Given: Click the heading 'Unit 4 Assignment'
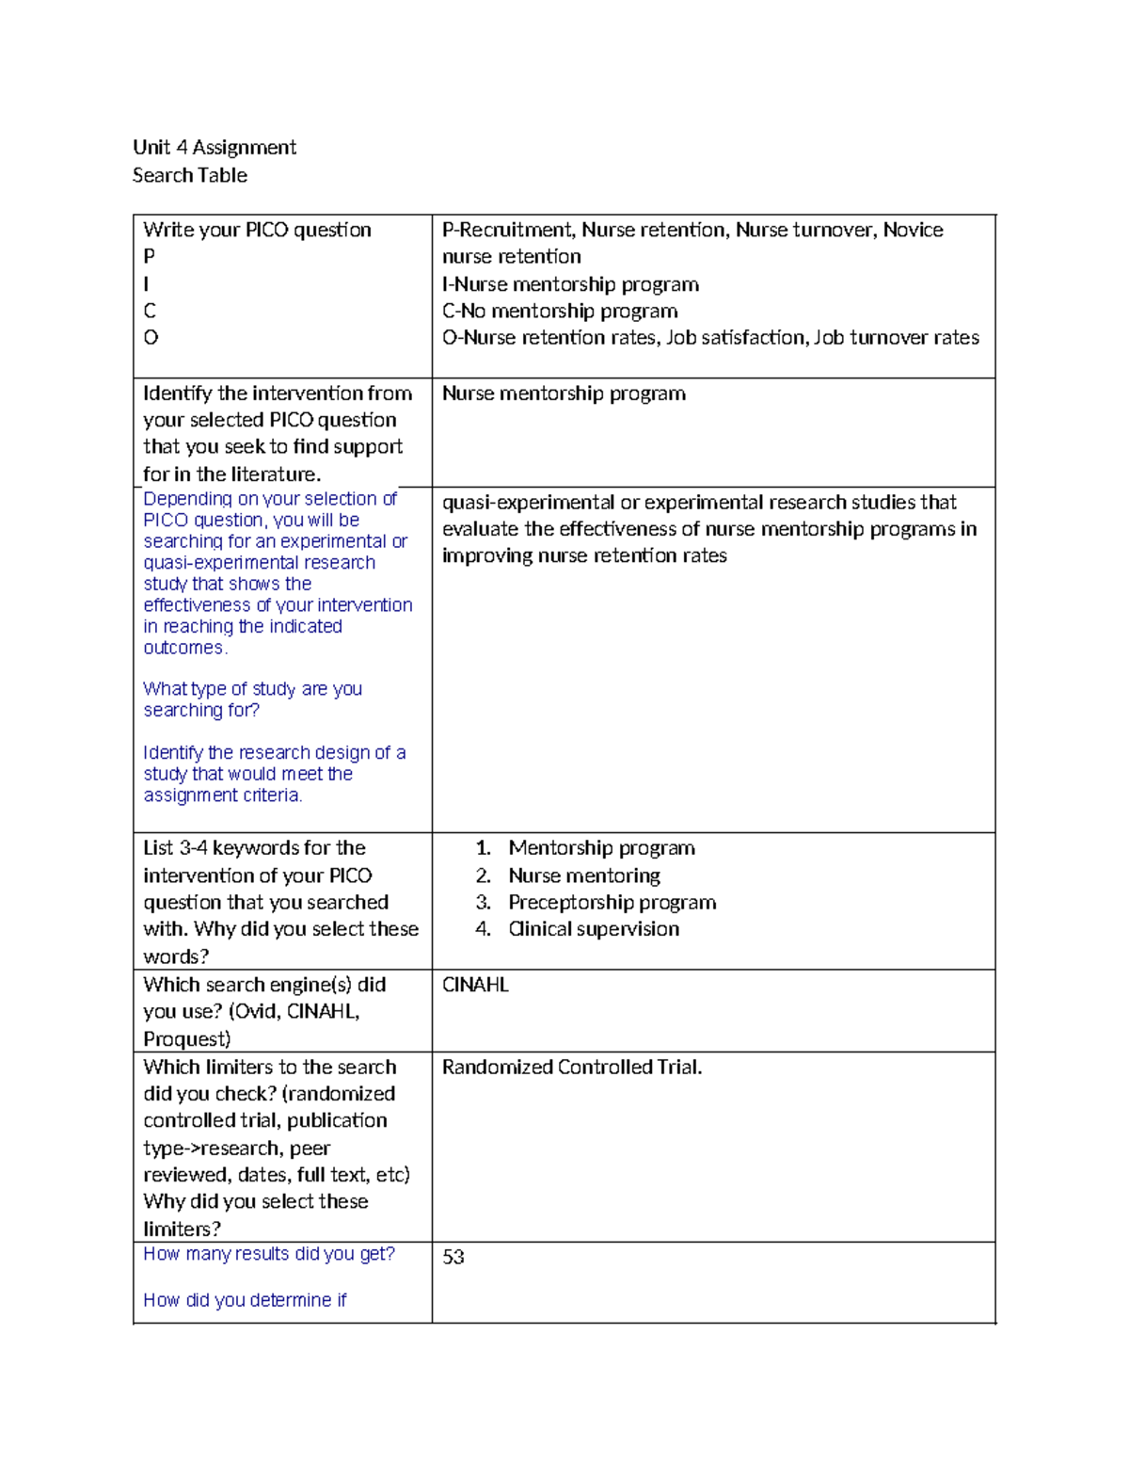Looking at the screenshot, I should (x=214, y=147).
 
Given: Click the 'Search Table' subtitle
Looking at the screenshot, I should (x=189, y=175).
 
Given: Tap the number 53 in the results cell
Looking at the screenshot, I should (x=453, y=1257).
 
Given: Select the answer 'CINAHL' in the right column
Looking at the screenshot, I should (x=475, y=985).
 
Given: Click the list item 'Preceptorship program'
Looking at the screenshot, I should (x=612, y=902).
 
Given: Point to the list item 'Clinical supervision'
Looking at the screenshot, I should (x=593, y=929).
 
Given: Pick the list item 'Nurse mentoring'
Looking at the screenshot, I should (x=583, y=876).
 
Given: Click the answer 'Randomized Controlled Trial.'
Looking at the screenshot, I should (x=572, y=1067).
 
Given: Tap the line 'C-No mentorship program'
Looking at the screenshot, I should (x=560, y=311).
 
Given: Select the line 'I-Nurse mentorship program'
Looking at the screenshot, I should (x=570, y=284).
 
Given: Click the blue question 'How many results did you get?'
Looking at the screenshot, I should (x=268, y=1254).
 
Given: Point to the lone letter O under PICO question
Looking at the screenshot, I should (x=151, y=337).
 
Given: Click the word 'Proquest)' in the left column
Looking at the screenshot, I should (x=186, y=1038).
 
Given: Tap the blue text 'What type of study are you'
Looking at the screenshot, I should (x=252, y=689).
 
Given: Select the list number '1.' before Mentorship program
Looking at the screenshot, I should (x=483, y=848).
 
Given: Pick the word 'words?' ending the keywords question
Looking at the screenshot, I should (x=176, y=956).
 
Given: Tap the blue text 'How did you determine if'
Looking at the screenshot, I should (x=245, y=1300).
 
